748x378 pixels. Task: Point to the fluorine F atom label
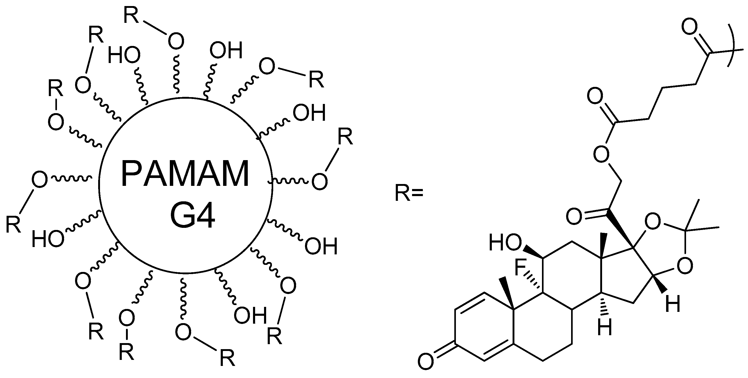(520, 268)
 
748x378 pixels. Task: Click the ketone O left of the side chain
(574, 216)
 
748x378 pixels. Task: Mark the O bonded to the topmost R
(176, 41)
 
